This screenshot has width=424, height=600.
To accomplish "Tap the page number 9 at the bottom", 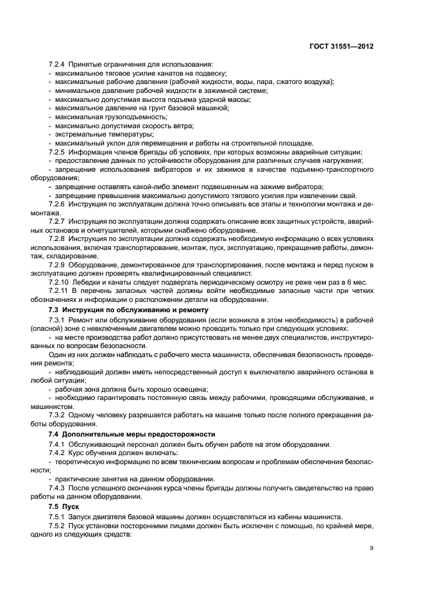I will point(371,547).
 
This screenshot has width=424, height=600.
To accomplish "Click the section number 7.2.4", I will point(58,65).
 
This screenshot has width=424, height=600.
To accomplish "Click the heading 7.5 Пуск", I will point(67,505).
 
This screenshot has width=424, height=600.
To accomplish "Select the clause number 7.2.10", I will point(60,281).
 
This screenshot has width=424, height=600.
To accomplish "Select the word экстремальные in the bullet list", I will point(80,134).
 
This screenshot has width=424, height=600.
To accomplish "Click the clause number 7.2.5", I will point(58,152).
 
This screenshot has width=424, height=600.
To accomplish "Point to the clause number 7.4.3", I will point(58,487).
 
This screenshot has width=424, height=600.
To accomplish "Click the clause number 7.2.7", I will point(58,221).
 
